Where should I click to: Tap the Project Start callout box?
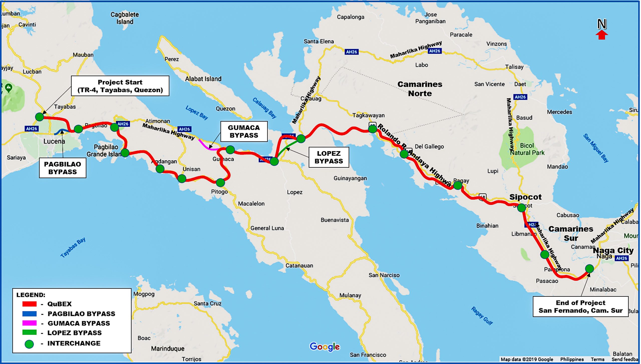pos(120,86)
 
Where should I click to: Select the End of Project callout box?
pos(580,306)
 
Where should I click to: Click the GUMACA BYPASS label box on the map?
pos(244,131)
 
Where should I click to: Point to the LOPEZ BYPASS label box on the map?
pos(329,157)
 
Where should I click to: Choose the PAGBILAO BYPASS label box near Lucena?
pos(62,168)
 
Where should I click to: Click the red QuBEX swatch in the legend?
pos(29,304)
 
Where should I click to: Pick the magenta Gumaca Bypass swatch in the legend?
pos(29,323)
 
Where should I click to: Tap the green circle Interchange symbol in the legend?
pos(29,344)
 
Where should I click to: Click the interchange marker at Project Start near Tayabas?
pos(39,117)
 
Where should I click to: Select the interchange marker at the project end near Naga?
pos(589,269)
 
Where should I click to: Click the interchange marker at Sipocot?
pos(521,208)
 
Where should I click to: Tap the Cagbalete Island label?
pos(124,18)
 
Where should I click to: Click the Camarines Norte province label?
pos(420,89)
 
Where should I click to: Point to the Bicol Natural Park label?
pos(527,149)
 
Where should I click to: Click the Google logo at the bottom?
pos(325,347)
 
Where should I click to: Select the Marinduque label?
pos(168,348)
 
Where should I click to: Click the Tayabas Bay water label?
pos(73,247)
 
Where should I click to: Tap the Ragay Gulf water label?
pos(482,316)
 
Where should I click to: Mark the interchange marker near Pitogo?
pos(220,183)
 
